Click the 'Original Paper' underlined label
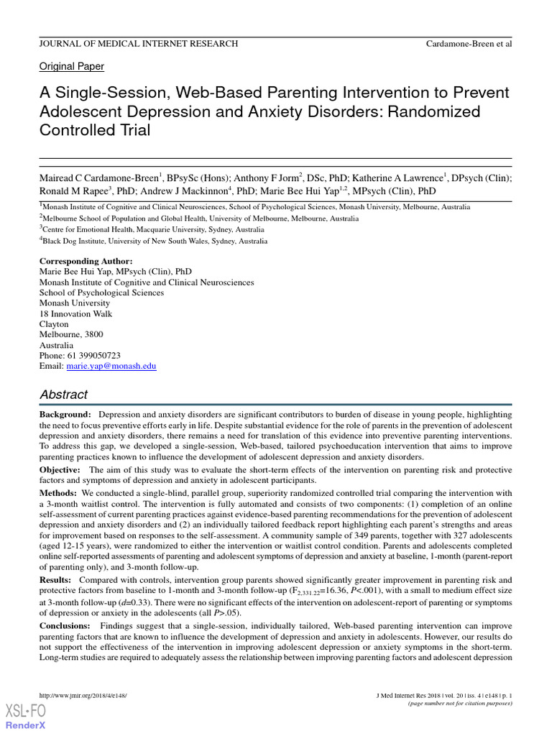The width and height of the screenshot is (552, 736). click(71, 66)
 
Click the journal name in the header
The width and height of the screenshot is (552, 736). click(138, 44)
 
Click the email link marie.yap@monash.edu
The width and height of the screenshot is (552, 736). click(111, 366)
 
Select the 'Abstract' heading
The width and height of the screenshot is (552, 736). click(63, 394)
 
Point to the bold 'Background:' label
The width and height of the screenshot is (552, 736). click(65, 415)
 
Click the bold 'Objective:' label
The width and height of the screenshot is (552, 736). click(60, 469)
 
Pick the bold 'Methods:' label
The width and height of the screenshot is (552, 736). click(57, 493)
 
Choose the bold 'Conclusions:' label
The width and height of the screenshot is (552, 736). click(65, 627)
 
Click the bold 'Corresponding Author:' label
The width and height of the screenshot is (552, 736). click(86, 261)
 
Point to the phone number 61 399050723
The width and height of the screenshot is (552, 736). click(93, 355)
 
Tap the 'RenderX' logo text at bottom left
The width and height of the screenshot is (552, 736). click(26, 725)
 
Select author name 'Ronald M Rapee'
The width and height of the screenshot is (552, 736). click(73, 191)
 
